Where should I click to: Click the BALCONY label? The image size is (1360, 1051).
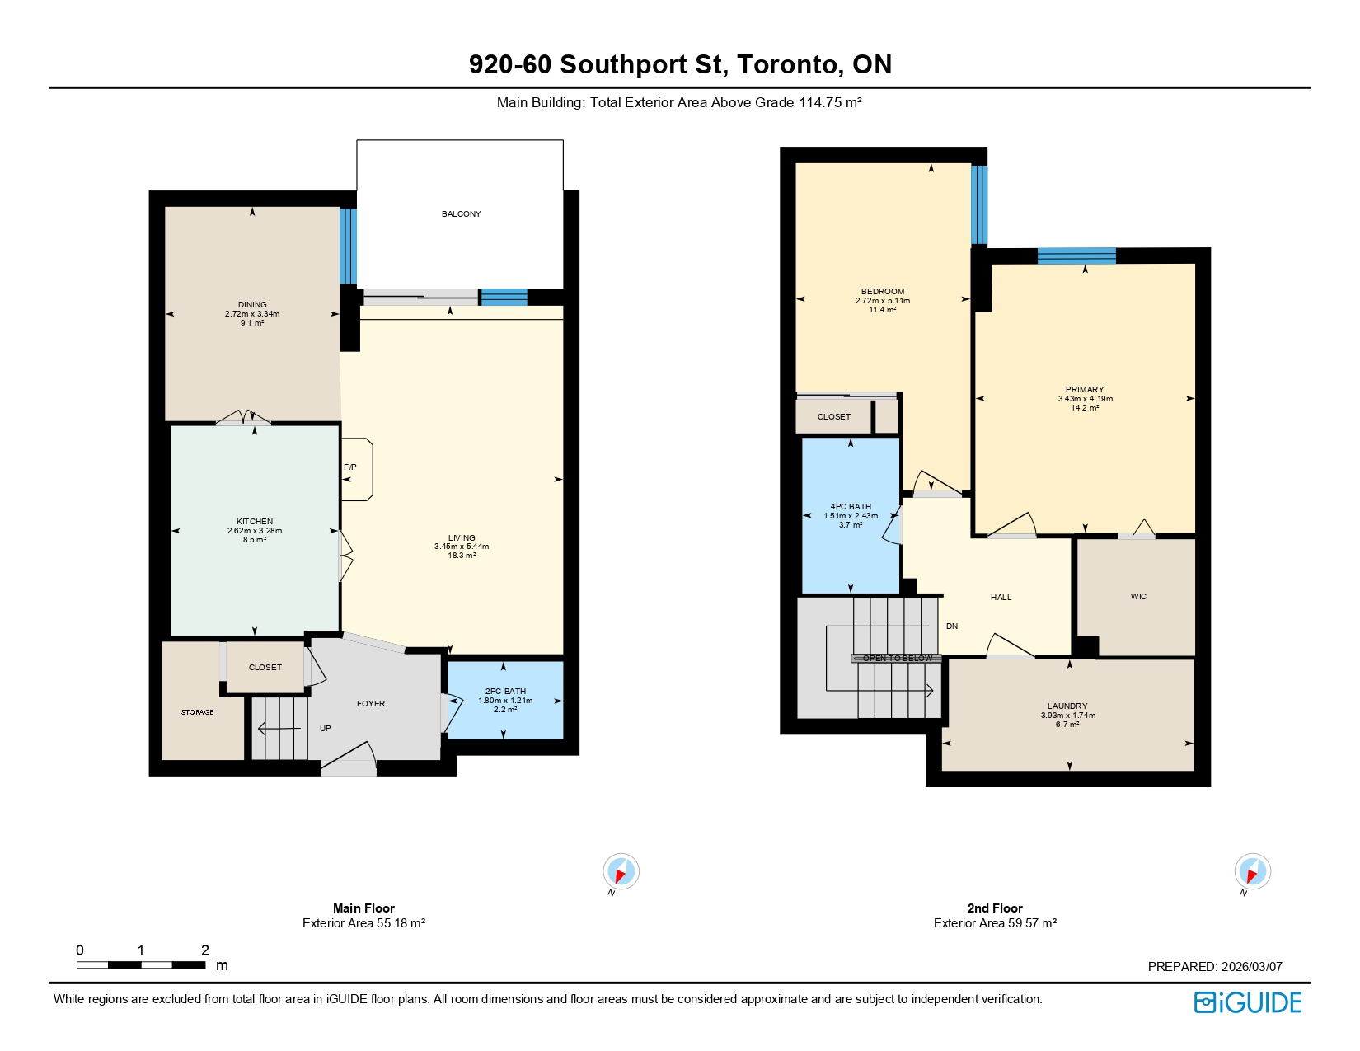pos(461,214)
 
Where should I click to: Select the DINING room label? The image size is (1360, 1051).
pos(252,305)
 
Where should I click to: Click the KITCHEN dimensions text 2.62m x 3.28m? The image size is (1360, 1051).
pos(255,531)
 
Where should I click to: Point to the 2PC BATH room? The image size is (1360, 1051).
pos(505,700)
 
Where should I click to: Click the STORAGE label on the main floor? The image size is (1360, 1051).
pos(198,712)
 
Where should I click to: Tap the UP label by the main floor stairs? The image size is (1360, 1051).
pos(326,729)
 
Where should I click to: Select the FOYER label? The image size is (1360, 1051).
pos(371,704)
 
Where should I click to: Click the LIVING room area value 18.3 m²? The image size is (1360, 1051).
pos(462,556)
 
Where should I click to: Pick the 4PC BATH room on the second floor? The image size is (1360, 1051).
pos(851,515)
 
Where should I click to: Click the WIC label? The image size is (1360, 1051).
pos(1138,597)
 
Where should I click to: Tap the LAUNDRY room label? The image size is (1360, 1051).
pos(1067,706)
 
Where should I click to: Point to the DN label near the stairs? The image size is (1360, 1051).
pos(952,626)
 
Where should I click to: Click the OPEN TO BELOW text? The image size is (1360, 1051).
pos(897,659)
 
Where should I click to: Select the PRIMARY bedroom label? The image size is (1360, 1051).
pos(1085,390)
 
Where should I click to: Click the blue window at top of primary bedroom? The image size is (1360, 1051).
pos(1076,256)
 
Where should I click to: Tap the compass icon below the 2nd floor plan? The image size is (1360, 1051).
pos(1252,872)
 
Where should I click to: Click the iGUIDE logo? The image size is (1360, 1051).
pos(1248,1002)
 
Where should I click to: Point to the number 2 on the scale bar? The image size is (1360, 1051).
pos(205,950)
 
